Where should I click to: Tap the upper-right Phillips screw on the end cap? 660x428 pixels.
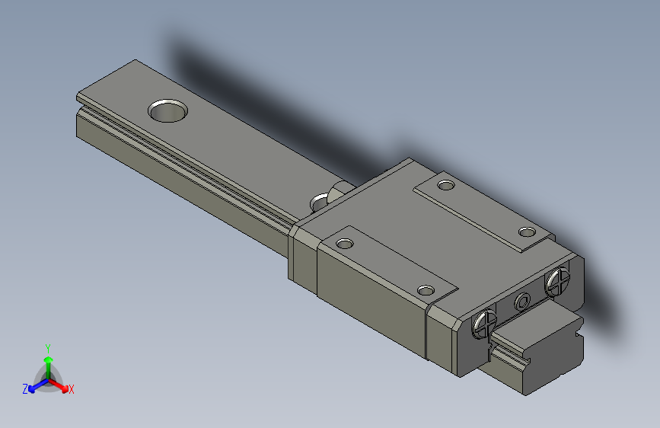click(x=557, y=282)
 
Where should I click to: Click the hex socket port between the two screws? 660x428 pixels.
click(x=522, y=302)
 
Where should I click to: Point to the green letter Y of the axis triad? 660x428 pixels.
click(x=47, y=347)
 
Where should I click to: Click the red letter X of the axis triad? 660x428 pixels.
click(x=72, y=390)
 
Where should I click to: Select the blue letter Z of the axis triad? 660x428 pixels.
click(x=25, y=389)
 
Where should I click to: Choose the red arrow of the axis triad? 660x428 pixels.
click(x=61, y=385)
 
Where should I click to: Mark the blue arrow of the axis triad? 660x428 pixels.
click(x=34, y=386)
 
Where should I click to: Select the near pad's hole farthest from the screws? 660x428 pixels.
click(x=346, y=244)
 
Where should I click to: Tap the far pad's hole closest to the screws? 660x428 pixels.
click(x=526, y=232)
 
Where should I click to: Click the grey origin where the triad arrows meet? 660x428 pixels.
click(x=48, y=378)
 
